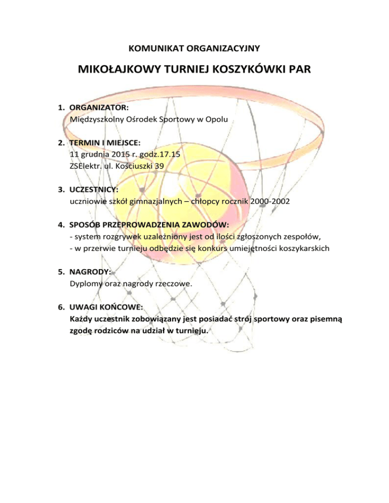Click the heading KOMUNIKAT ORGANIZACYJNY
[x=194, y=49]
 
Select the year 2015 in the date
[x=118, y=154]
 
